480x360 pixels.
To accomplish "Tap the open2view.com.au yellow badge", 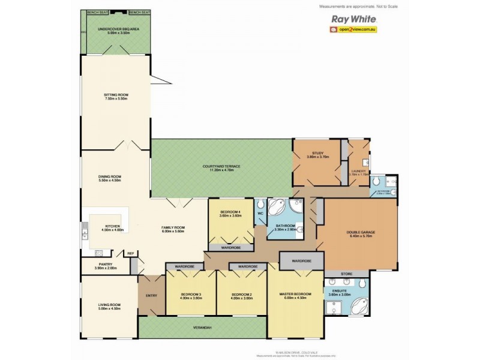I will pyautogui.click(x=352, y=29).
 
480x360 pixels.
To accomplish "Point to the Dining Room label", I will pyautogui.click(x=110, y=177).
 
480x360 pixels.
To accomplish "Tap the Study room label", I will pyautogui.click(x=317, y=155).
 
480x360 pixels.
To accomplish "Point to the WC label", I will pyautogui.click(x=260, y=212).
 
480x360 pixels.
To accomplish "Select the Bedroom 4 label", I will pyautogui.click(x=230, y=214).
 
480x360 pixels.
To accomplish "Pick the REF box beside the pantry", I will pyautogui.click(x=130, y=254).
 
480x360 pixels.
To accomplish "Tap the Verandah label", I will pyautogui.click(x=202, y=327).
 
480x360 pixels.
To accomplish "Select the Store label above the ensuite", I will pyautogui.click(x=347, y=274).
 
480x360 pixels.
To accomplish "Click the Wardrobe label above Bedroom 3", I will pyautogui.click(x=183, y=266).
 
